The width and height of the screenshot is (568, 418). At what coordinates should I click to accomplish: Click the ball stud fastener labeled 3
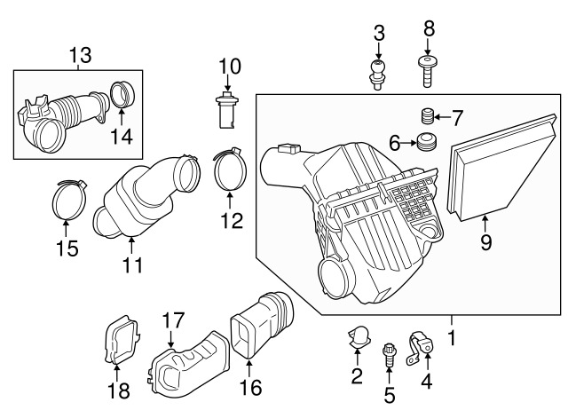[379, 70]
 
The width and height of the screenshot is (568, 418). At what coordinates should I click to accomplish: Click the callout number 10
[229, 66]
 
